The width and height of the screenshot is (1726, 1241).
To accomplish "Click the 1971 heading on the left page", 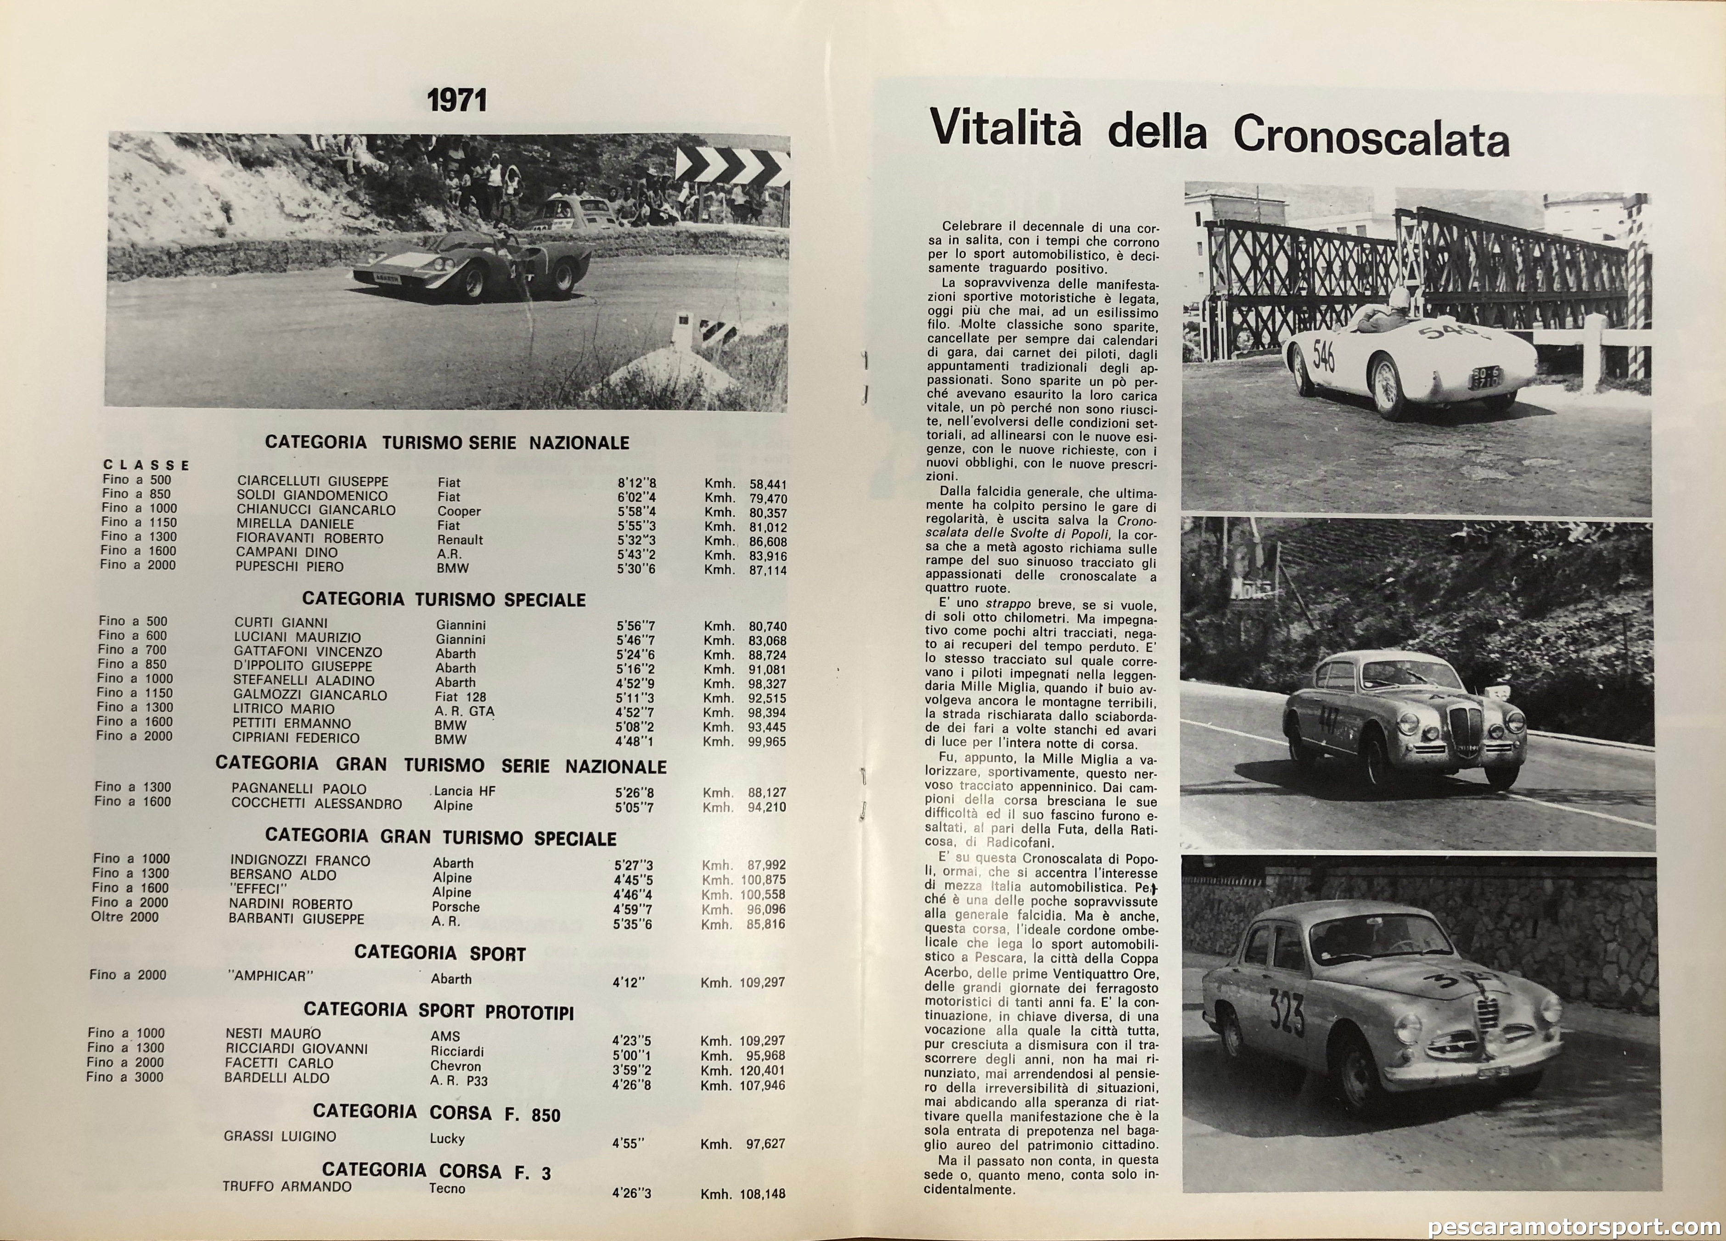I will [x=456, y=101].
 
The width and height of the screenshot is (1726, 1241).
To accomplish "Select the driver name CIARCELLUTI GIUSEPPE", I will [x=313, y=481].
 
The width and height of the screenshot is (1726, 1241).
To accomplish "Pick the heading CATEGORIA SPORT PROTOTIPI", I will [x=439, y=1011].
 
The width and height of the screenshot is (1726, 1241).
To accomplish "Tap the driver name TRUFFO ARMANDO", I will [x=287, y=1187].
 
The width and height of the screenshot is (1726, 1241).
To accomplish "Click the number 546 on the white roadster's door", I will [x=1323, y=356].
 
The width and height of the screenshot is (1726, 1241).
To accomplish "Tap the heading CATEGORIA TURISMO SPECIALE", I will [x=444, y=599].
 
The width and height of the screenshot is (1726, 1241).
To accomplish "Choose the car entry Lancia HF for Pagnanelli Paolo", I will [x=464, y=791].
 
